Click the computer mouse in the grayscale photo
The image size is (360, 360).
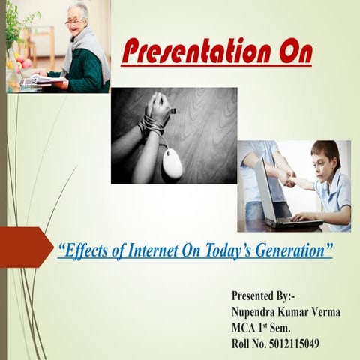point(172,163)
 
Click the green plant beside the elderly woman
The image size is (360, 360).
point(19,30)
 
